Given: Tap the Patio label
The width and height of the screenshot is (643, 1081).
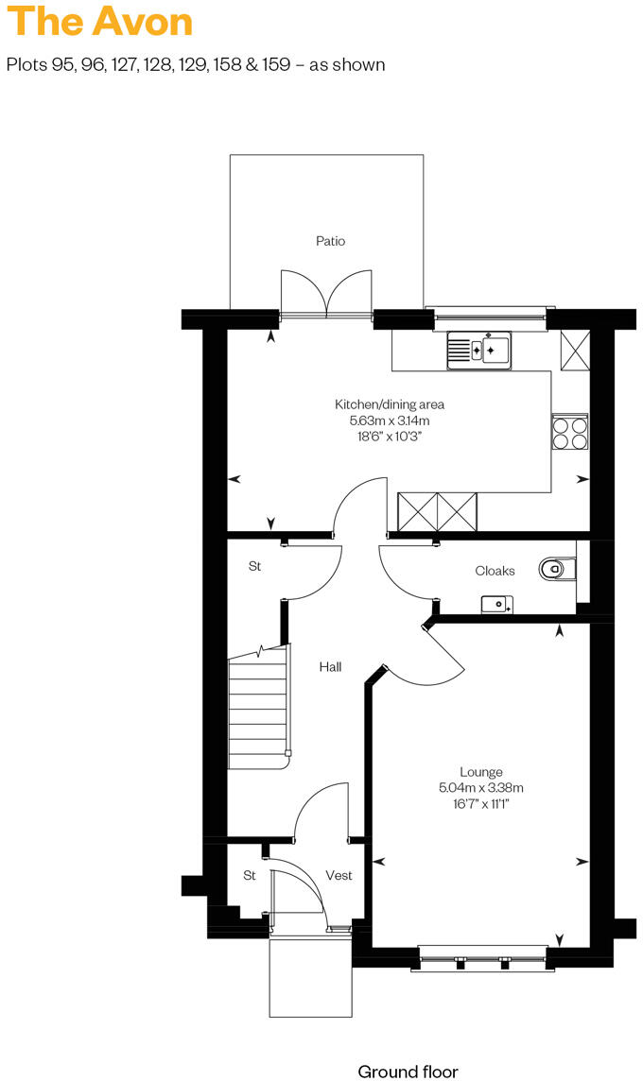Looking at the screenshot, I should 330,241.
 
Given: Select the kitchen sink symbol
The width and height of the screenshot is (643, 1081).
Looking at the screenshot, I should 479,351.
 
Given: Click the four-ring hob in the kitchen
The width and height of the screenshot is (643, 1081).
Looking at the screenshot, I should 569,433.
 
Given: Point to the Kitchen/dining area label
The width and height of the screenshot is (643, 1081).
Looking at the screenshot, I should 389,404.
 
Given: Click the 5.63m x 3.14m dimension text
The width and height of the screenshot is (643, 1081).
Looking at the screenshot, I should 389,420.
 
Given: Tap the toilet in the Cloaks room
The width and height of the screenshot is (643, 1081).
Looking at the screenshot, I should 557,568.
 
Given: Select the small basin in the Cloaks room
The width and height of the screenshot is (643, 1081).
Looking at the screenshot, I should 495,604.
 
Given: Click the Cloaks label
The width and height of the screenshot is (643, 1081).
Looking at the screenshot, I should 495,571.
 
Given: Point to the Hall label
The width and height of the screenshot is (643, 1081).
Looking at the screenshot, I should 330,667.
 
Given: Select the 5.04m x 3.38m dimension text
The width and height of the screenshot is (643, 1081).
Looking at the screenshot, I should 481,788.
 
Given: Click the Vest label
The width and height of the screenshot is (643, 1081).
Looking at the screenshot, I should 339,876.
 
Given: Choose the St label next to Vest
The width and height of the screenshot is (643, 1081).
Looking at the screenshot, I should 250,876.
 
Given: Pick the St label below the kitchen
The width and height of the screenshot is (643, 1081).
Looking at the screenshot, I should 254,567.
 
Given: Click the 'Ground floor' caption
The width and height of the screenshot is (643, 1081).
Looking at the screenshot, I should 408,1072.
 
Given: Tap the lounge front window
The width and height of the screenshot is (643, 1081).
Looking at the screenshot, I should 480,958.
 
